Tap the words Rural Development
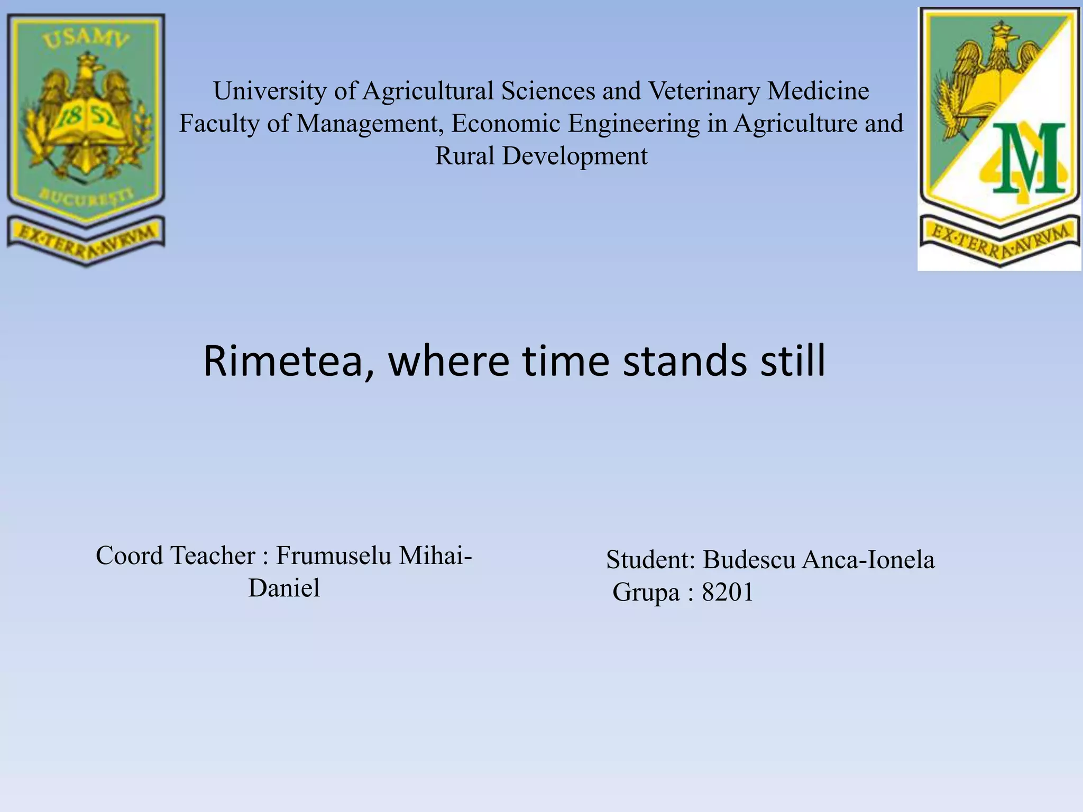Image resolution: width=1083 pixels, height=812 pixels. coord(541,156)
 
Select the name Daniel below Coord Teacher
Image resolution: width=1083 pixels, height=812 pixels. coord(284,588)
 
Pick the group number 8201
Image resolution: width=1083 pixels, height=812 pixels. coord(727,593)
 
